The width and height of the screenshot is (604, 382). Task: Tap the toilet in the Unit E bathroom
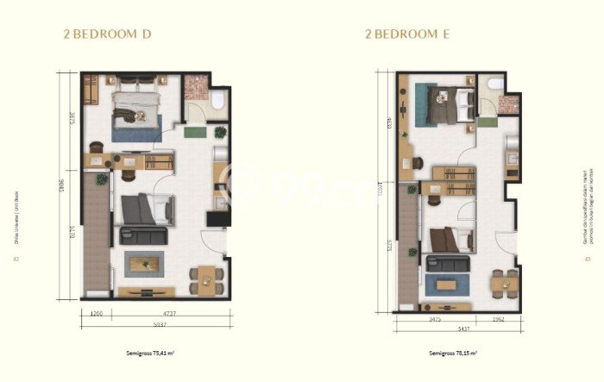tap(494, 85)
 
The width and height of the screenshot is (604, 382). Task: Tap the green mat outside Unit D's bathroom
tap(195, 132)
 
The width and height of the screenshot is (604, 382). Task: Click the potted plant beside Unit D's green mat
tap(220, 132)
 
